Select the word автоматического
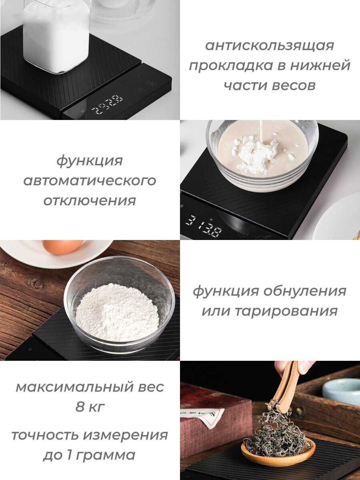click(90, 181)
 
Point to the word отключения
click(90, 201)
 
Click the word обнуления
click(305, 291)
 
